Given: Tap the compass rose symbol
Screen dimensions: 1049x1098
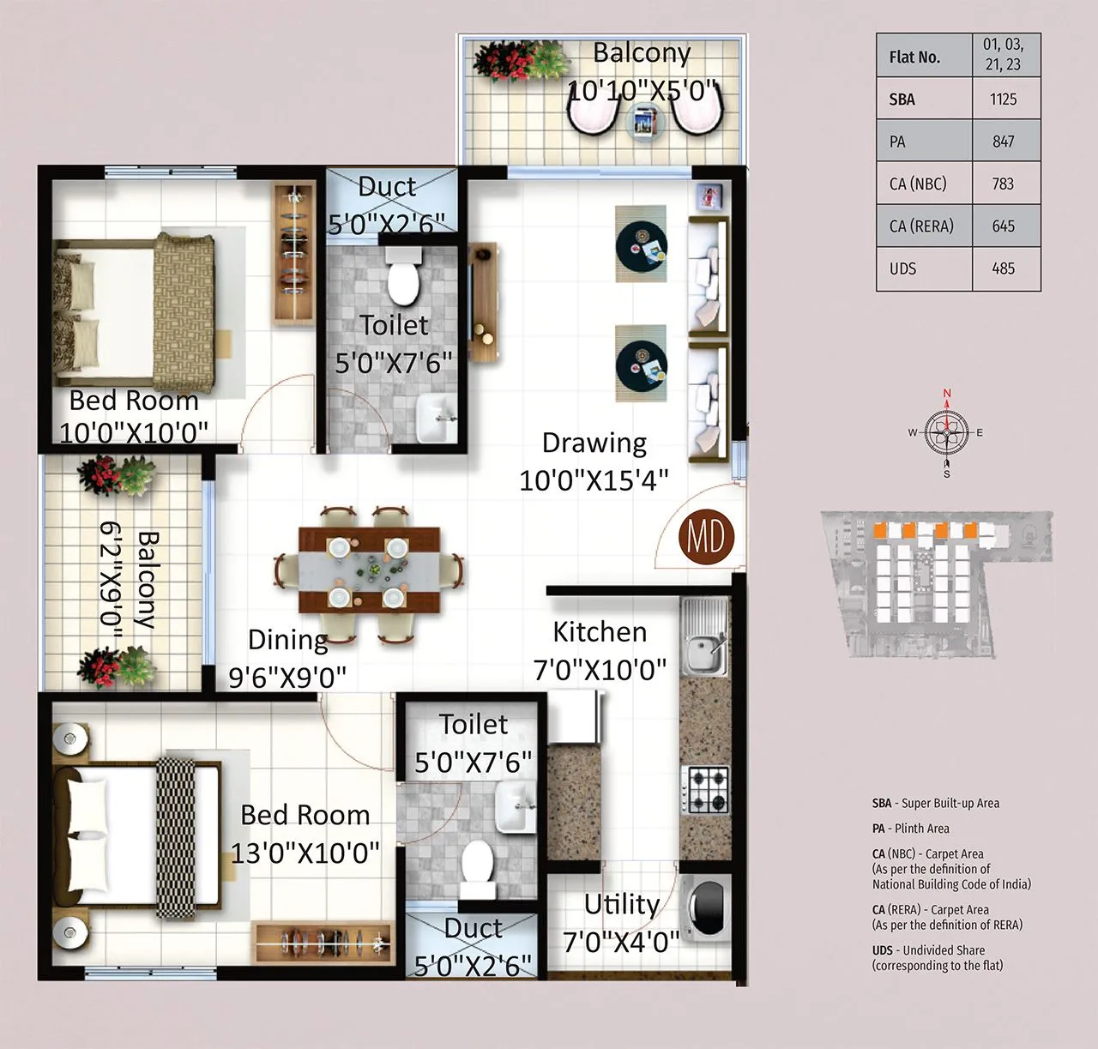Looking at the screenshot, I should coord(947,433).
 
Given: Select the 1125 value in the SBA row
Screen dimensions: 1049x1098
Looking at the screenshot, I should coord(1003,99).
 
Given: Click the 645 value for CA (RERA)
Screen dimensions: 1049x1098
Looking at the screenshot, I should coord(1003,226).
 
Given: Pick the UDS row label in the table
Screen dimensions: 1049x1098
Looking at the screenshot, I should coord(902,268).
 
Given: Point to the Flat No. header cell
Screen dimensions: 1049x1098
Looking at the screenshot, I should coord(914,57).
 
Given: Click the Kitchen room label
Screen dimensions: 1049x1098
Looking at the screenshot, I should coord(600,632).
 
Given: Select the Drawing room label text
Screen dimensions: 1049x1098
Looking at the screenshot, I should coord(594,443).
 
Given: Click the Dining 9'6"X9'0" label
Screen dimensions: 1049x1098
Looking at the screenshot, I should coord(287,658).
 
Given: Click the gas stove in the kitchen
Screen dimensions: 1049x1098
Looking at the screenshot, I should coord(705,790).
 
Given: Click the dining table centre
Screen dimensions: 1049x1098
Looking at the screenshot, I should coord(370,570).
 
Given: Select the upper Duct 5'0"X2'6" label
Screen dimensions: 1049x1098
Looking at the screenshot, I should coord(387,205).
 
